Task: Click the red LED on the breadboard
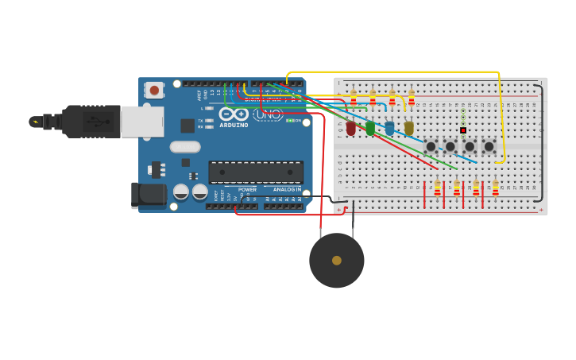pyautogui.click(x=350, y=128)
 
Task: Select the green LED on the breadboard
pyautogui.click(x=370, y=128)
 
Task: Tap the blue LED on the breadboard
pyautogui.click(x=389, y=128)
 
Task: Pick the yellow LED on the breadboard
pyautogui.click(x=409, y=128)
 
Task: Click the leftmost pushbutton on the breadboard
pyautogui.click(x=431, y=146)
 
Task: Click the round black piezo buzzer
pyautogui.click(x=337, y=260)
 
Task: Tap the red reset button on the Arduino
pyautogui.click(x=154, y=90)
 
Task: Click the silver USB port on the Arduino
pyautogui.click(x=141, y=122)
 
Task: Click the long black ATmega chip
pyautogui.click(x=256, y=172)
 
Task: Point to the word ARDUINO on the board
pyautogui.click(x=234, y=125)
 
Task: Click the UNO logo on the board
pyautogui.click(x=267, y=114)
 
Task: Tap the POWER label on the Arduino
pyautogui.click(x=248, y=190)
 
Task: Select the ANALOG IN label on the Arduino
pyautogui.click(x=287, y=190)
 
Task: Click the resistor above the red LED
pyautogui.click(x=353, y=99)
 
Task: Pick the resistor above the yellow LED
pyautogui.click(x=411, y=99)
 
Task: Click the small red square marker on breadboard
pyautogui.click(x=463, y=130)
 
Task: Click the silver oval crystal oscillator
pyautogui.click(x=185, y=146)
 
